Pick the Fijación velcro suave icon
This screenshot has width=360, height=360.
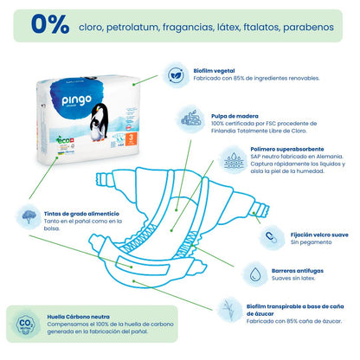click(x=270, y=237)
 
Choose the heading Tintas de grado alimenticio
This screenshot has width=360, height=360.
click(x=80, y=213)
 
